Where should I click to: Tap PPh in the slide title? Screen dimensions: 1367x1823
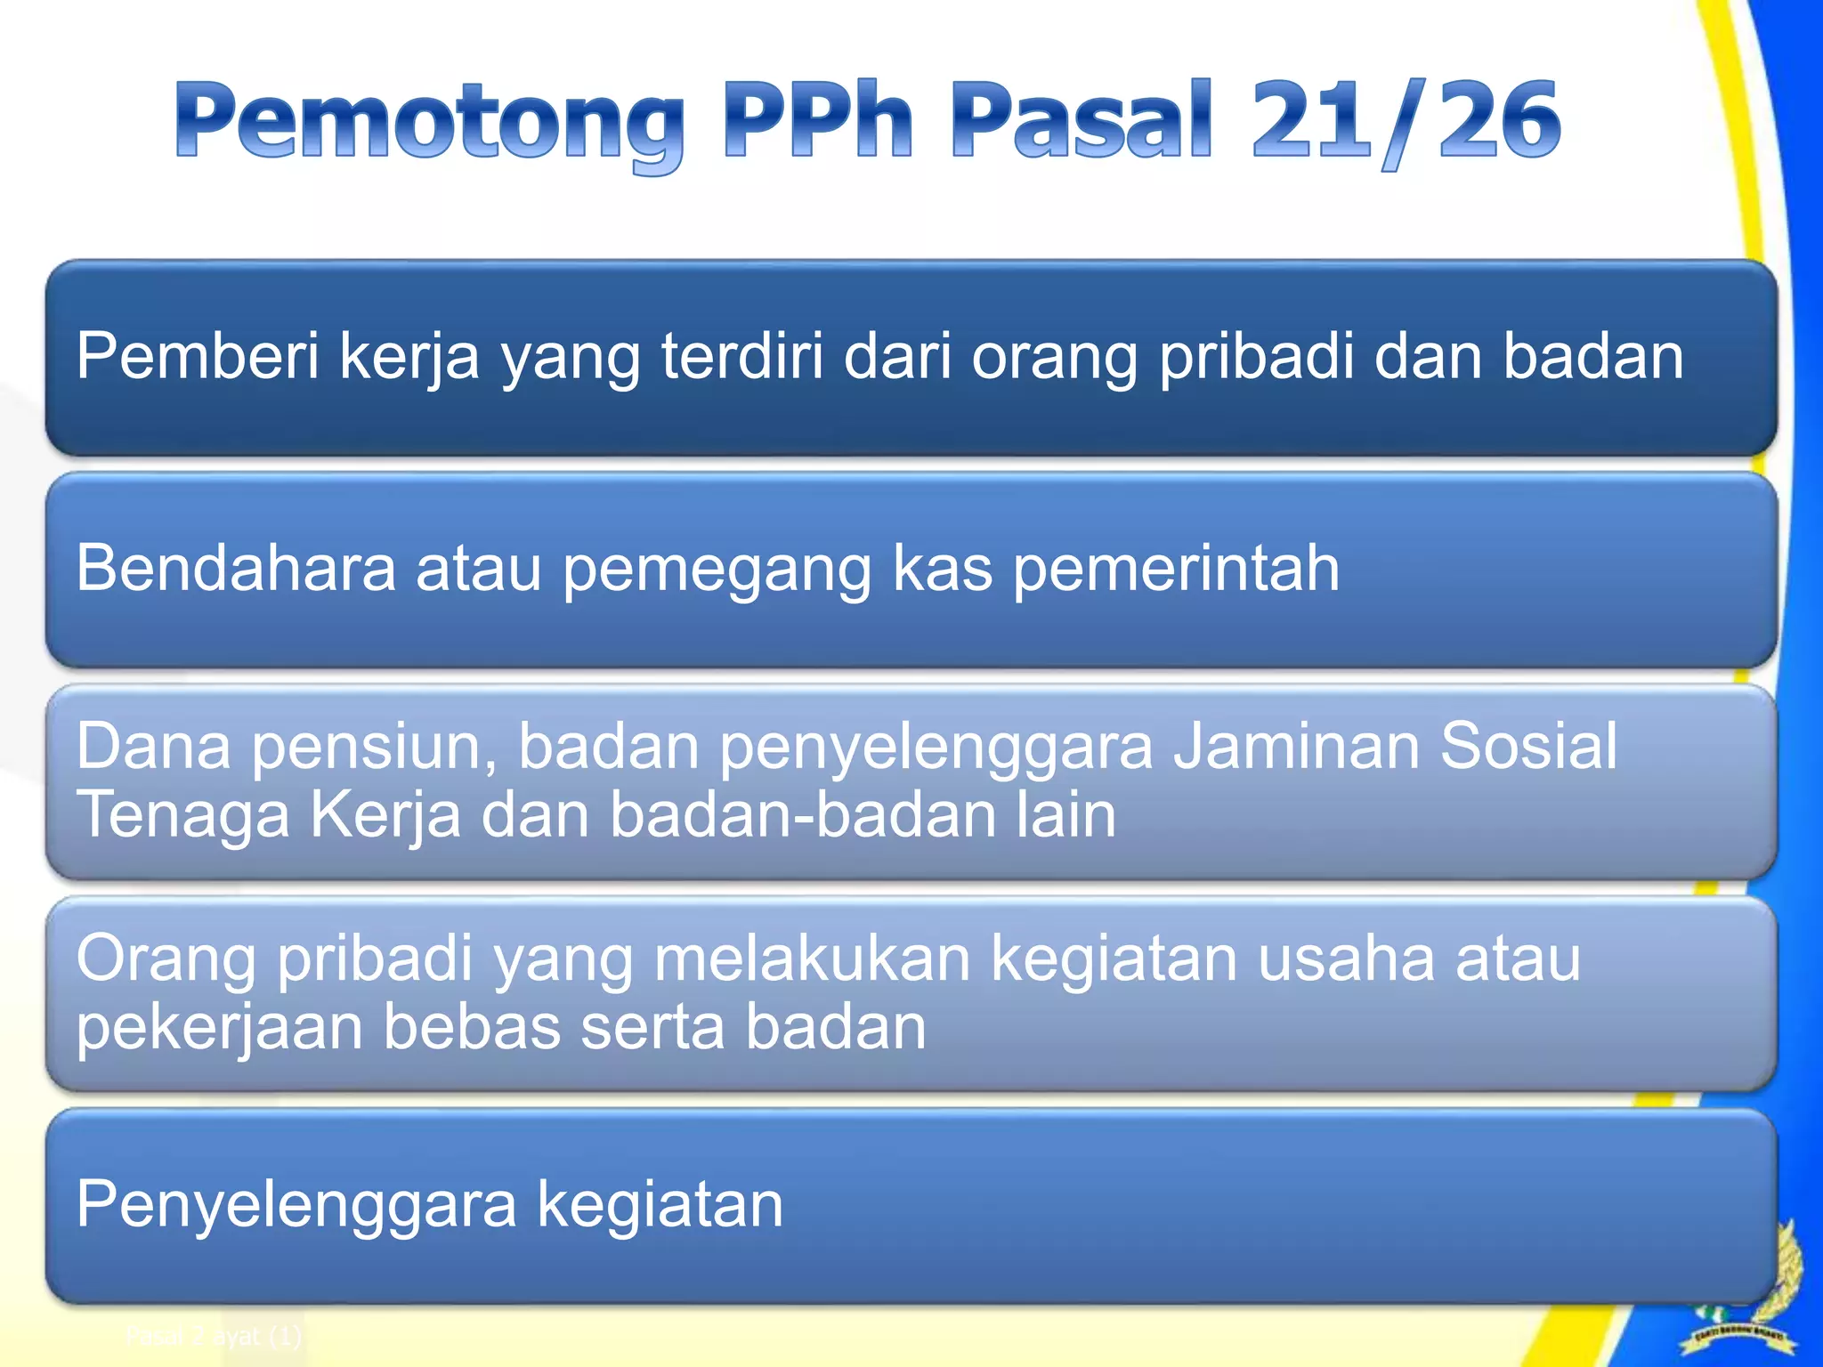(x=818, y=119)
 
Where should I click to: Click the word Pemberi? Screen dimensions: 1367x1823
(x=197, y=356)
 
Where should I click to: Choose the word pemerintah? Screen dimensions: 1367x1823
(x=1176, y=570)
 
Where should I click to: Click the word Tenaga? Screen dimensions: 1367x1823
(x=182, y=817)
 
